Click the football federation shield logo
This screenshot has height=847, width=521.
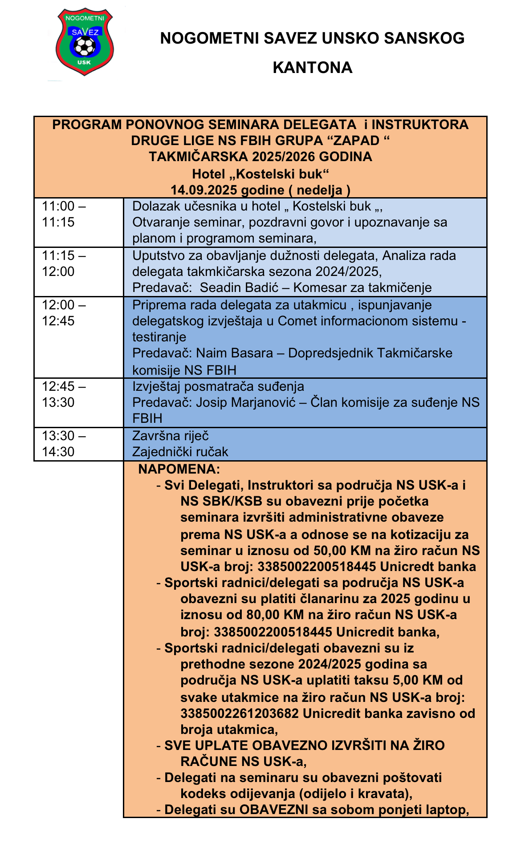[84, 42]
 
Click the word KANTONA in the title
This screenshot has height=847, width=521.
[312, 68]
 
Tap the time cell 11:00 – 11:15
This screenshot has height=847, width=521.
[64, 214]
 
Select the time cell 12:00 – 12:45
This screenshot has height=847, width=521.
[64, 313]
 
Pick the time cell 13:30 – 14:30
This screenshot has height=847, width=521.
[64, 444]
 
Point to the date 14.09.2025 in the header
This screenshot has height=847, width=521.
[205, 190]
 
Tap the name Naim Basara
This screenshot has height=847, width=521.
[235, 353]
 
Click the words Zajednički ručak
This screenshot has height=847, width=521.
[180, 452]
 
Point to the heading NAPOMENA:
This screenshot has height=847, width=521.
[179, 469]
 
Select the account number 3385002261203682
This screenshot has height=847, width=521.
[240, 713]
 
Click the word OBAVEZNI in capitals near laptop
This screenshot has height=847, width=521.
[273, 809]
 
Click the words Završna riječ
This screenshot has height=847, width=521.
[171, 436]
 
